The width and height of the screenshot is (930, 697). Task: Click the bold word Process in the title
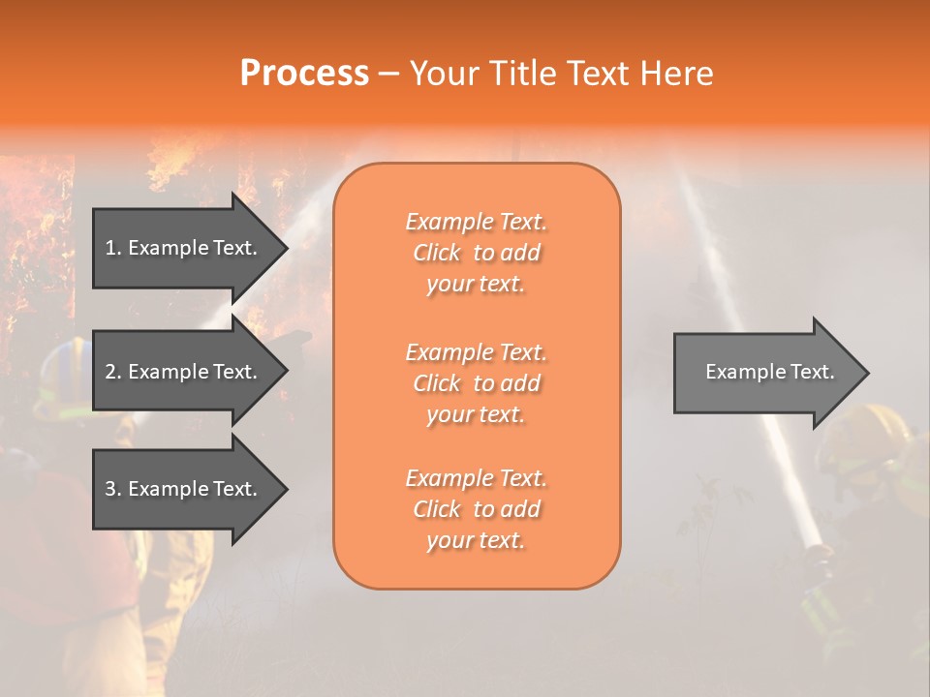click(x=304, y=74)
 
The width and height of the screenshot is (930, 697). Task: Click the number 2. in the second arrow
click(x=113, y=372)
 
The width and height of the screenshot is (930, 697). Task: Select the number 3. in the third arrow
click(x=113, y=489)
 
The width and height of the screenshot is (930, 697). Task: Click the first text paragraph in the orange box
click(x=476, y=253)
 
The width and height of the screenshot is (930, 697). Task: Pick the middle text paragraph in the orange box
click(x=476, y=382)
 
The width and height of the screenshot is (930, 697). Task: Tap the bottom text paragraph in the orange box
click(x=476, y=509)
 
